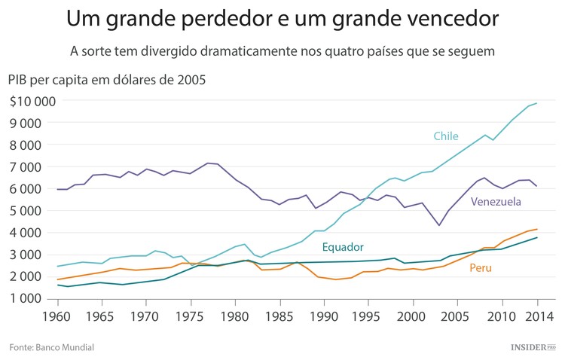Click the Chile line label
(445, 136)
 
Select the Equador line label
(343, 247)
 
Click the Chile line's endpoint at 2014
(537, 103)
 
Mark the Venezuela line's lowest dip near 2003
(439, 225)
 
